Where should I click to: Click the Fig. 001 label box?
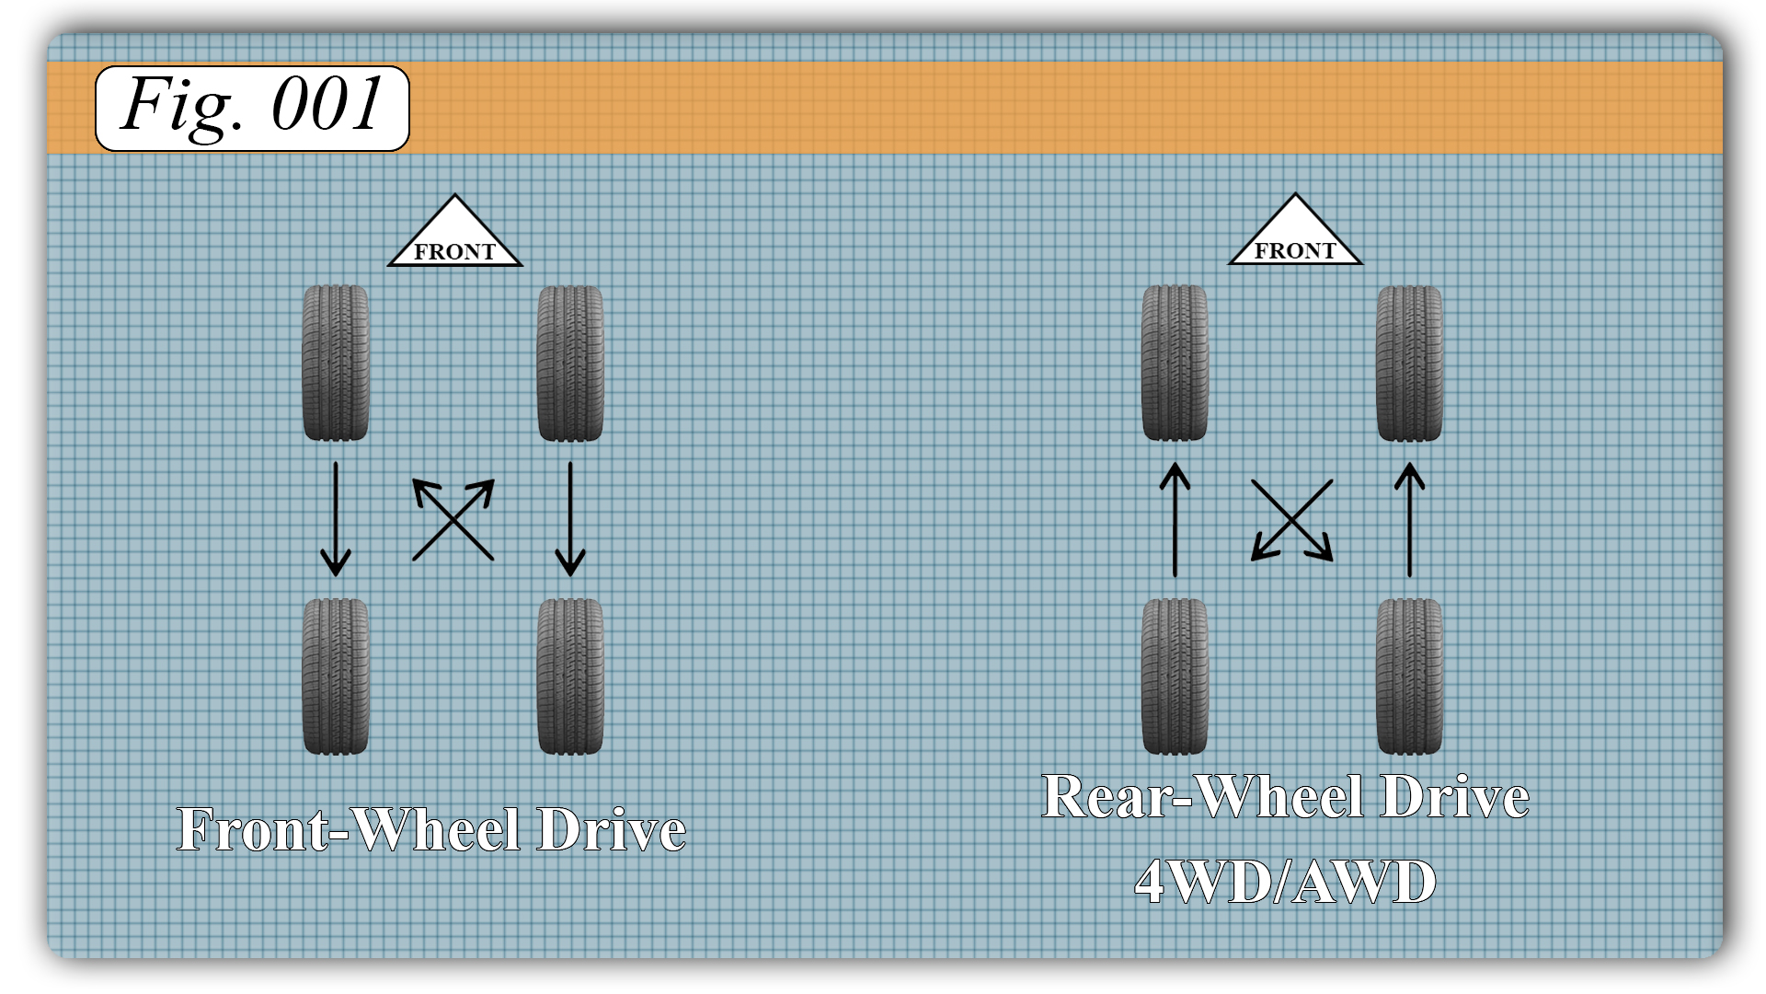pos(252,108)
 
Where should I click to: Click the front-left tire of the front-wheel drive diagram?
pos(336,363)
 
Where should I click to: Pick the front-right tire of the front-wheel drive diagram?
pos(570,363)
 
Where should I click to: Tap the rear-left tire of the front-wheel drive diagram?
pos(336,676)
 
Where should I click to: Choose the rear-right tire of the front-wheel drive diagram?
pos(570,676)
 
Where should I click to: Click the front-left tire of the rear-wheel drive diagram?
pos(1175,363)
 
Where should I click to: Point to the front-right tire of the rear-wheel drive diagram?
pos(1409,363)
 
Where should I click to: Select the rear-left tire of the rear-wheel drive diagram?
pos(1175,676)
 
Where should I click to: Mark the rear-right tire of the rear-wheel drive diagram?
pos(1409,676)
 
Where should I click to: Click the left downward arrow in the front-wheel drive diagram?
pos(336,519)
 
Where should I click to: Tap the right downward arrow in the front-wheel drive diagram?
pos(570,519)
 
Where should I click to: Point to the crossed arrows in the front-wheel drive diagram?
pos(453,519)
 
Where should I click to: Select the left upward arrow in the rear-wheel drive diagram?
pos(1175,519)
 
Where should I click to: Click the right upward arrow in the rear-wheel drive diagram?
pos(1409,519)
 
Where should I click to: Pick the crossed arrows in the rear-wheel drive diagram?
pos(1292,519)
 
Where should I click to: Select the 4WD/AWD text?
pos(1285,882)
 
